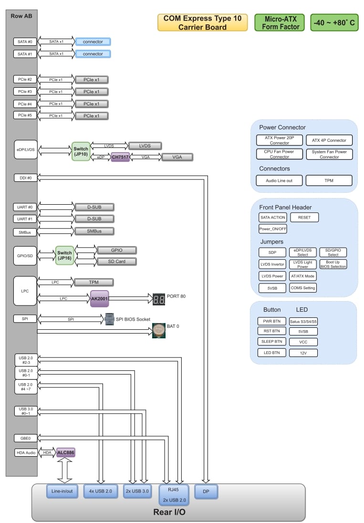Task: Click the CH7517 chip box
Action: coord(120,157)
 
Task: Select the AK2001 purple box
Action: coord(99,299)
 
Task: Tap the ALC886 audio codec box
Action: coord(66,452)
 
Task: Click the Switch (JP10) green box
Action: coord(81,151)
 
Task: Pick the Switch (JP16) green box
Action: coord(64,256)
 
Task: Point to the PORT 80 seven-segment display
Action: coord(159,299)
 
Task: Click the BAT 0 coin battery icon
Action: coord(158,330)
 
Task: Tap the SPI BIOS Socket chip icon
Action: coord(109,319)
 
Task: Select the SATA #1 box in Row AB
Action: coord(25,54)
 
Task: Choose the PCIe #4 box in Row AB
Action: coord(25,104)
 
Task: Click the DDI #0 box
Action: coord(25,178)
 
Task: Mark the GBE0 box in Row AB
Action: coord(25,438)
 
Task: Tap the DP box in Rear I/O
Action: coord(206,491)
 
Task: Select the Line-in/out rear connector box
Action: coord(62,491)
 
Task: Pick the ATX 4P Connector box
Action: coord(329,140)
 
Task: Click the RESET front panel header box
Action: coord(304,217)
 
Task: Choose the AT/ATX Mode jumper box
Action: coord(303,276)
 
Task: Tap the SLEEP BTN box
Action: coord(272,341)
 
